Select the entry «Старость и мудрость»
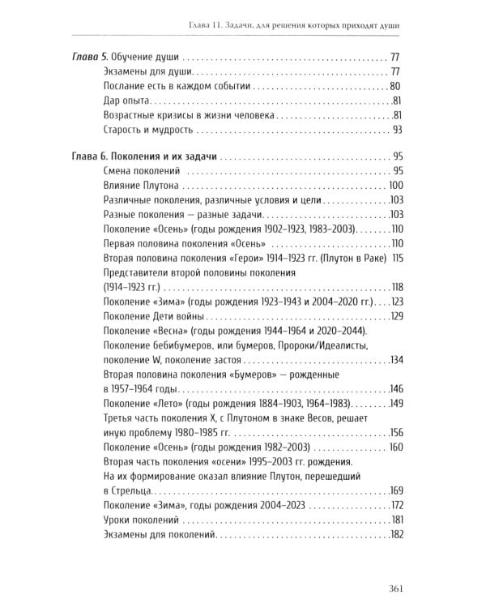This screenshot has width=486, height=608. [150, 130]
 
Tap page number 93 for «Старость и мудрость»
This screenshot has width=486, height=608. [396, 130]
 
